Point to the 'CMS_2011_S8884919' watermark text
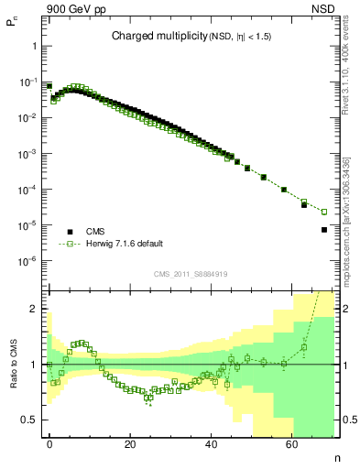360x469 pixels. click(x=191, y=274)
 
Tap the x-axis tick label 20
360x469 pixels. click(x=130, y=443)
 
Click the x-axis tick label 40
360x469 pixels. click(x=211, y=443)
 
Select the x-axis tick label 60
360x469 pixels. click(x=291, y=443)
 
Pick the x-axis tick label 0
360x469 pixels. click(x=49, y=443)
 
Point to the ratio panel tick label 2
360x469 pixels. click(x=33, y=309)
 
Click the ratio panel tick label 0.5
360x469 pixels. click(x=29, y=420)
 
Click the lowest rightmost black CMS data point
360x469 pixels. click(x=324, y=230)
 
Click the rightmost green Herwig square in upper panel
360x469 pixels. click(x=324, y=212)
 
